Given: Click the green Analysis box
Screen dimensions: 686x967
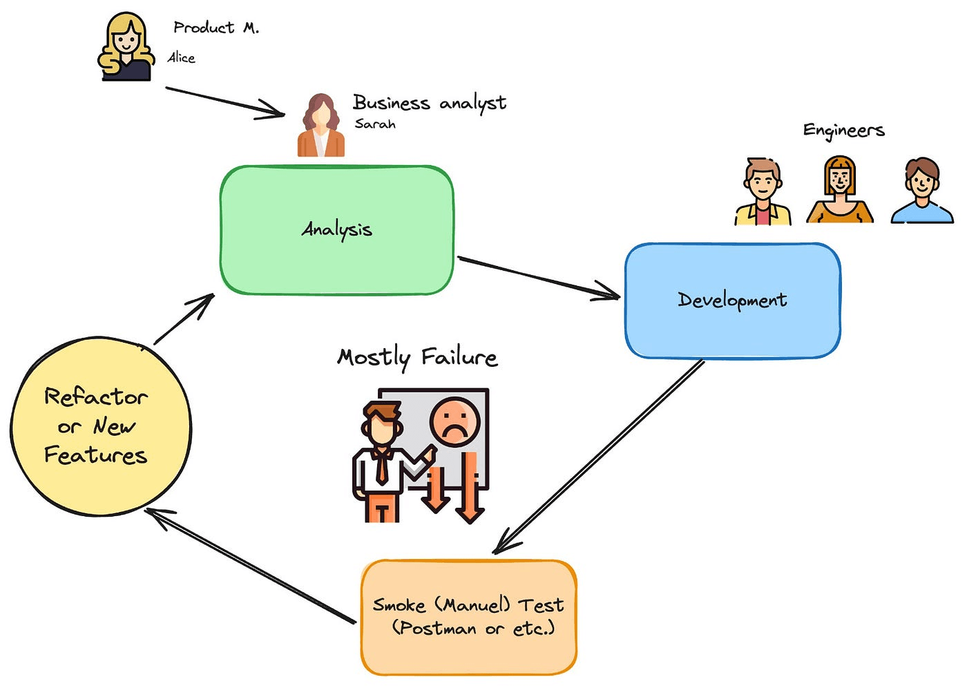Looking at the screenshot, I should point(336,229).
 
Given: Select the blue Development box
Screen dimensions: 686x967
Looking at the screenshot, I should point(732,300).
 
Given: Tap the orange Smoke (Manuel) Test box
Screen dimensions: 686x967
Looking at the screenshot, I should point(468,617).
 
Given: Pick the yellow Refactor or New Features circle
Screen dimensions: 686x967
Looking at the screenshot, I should point(100,427).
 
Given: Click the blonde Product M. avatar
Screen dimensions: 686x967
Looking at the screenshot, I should point(126,47).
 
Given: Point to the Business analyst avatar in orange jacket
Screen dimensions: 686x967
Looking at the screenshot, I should point(320,126).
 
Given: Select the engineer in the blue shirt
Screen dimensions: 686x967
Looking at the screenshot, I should point(922,191).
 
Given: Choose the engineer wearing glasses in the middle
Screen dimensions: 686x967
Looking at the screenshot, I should point(839,190).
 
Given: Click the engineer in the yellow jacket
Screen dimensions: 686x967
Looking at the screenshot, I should point(762,191).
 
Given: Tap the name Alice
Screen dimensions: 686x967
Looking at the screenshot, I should point(182,58).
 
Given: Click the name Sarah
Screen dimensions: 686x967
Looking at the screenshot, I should point(375,124).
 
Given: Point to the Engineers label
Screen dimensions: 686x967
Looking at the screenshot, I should point(843,131).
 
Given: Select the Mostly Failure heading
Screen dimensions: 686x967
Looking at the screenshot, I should point(417,357).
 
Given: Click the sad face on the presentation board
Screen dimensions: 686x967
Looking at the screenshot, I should point(454,420).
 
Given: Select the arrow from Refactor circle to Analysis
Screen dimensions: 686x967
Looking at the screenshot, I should point(184,318).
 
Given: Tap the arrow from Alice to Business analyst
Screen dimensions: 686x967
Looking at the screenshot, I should point(224,101).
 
